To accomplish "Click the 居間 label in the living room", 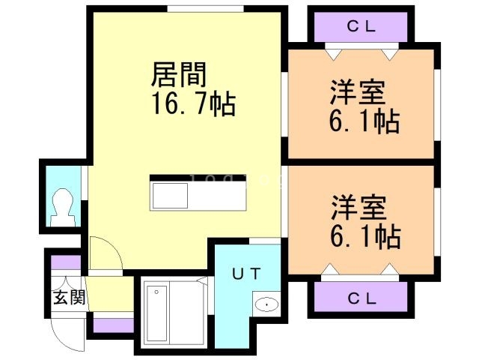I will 179,75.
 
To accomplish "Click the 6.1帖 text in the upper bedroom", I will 364,121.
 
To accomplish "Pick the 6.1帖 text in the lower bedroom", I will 364,236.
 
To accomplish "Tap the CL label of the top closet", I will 361,27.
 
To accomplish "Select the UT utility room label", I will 245,273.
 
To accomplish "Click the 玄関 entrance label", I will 68,297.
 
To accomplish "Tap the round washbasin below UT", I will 265,304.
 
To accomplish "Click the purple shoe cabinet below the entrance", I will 112,325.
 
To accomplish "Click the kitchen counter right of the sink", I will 222,196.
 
